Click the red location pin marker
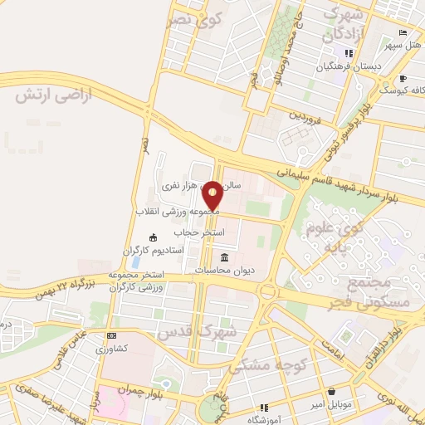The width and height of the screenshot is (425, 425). coord(213,195)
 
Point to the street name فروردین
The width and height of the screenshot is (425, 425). coord(304,116)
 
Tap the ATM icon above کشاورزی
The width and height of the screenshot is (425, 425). coord(112,335)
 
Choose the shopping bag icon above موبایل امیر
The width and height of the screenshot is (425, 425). coord(331,391)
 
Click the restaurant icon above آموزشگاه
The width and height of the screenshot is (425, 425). coord(264,407)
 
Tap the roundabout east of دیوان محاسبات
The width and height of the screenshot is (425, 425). coord(268,292)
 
